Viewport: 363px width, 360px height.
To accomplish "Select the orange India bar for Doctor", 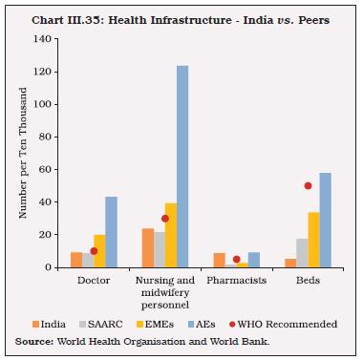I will tap(75, 259).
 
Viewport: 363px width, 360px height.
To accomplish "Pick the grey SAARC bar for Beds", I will tap(301, 253).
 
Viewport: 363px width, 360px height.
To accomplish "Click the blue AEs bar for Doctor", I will tap(112, 232).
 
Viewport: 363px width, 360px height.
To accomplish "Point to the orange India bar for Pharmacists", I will tap(219, 260).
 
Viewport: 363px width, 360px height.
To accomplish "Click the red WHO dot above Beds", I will tap(308, 185).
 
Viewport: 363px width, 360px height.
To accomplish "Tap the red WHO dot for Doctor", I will tap(94, 250).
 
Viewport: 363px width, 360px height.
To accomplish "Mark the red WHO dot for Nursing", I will tap(164, 218).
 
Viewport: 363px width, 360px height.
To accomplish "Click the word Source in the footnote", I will tap(36, 340).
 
